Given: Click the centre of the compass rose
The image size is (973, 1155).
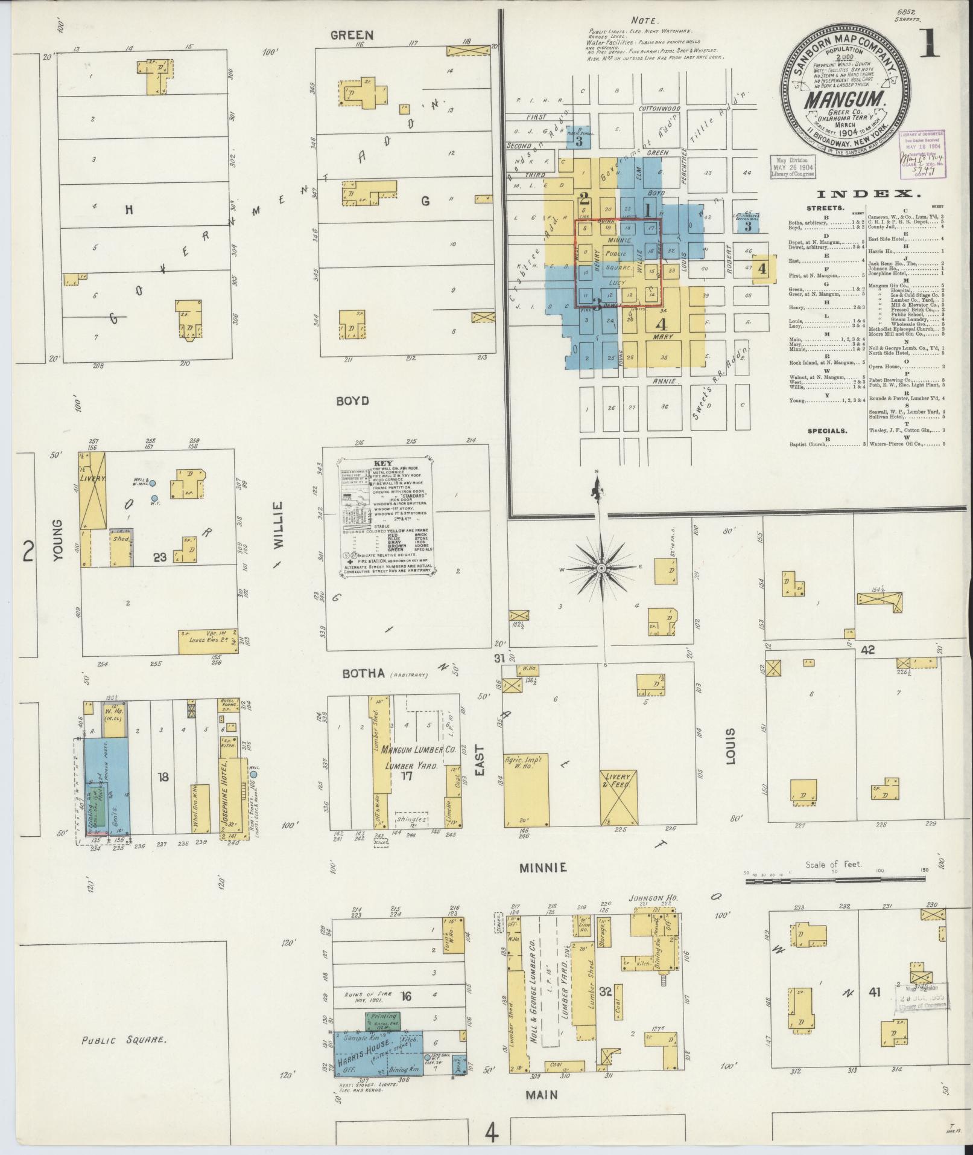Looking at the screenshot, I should click(601, 569).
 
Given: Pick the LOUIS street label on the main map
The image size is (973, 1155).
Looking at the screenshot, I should click(732, 747).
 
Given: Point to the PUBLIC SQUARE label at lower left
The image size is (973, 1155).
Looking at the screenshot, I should click(124, 1040).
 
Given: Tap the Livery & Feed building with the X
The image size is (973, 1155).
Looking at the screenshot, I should click(619, 797).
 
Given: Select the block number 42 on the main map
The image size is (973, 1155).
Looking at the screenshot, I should click(867, 649).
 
